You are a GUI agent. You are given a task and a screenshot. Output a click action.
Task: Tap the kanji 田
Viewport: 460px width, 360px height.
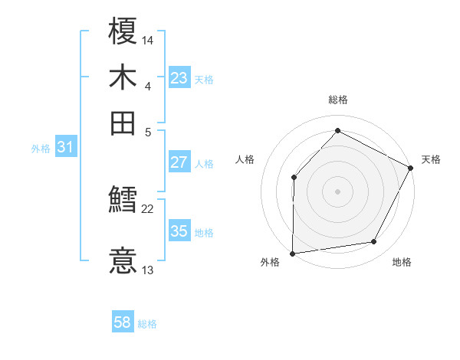pyautogui.click(x=123, y=123)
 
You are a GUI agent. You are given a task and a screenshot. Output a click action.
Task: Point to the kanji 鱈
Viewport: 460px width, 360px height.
pyautogui.click(x=123, y=201)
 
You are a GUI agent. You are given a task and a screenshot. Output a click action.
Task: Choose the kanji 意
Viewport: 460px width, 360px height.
pyautogui.click(x=123, y=260)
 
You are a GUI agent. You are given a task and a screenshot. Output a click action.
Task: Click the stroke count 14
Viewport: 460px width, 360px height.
pyautogui.click(x=149, y=39)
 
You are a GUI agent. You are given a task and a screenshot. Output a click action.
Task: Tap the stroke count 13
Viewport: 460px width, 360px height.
pyautogui.click(x=149, y=270)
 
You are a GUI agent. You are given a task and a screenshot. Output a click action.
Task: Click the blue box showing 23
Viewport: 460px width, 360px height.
pyautogui.click(x=179, y=77)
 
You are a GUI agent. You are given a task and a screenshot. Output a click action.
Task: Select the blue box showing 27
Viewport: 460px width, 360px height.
pyautogui.click(x=179, y=162)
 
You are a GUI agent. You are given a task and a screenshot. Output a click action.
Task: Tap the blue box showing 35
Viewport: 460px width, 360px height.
pyautogui.click(x=179, y=231)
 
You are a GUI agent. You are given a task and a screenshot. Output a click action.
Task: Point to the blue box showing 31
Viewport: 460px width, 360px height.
pyautogui.click(x=65, y=147)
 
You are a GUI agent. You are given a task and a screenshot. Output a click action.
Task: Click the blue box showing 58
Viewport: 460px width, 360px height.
pyautogui.click(x=122, y=322)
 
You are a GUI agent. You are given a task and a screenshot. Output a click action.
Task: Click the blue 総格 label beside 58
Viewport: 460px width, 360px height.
pyautogui.click(x=147, y=324)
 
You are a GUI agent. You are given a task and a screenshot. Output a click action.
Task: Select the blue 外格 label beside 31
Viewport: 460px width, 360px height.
pyautogui.click(x=41, y=149)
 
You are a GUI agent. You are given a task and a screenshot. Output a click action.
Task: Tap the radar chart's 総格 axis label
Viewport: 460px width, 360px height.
pyautogui.click(x=337, y=100)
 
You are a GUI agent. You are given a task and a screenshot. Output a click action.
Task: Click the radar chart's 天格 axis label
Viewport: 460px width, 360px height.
pyautogui.click(x=431, y=159)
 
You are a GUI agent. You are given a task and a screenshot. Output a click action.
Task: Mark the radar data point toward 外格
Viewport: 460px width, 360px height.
pyautogui.click(x=292, y=254)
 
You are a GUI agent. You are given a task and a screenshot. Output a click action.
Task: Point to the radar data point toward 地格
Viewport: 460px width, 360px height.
pyautogui.click(x=374, y=242)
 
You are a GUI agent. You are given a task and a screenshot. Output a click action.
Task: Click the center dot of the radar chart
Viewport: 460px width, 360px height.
pyautogui.click(x=337, y=191)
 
